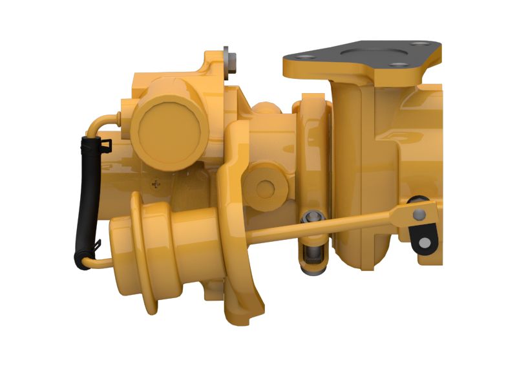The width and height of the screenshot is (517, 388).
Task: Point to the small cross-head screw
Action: tap(155, 184)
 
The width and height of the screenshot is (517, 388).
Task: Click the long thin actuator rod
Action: tap(323, 226)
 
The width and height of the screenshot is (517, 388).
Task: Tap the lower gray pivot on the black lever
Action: tap(425, 242)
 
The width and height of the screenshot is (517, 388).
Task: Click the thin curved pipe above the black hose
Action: tap(103, 120)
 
